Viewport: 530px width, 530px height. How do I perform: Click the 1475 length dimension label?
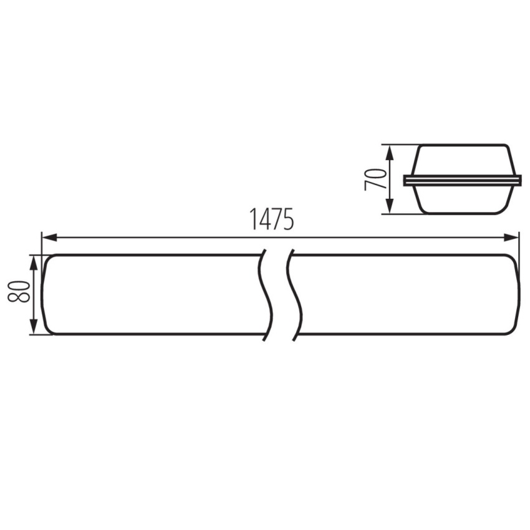[271, 219]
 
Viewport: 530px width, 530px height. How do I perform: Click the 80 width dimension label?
[19, 291]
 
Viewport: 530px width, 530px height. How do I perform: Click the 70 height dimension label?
[375, 180]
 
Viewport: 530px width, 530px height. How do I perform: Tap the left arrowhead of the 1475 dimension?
[49, 238]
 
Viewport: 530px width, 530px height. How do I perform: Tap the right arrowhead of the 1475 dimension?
[511, 238]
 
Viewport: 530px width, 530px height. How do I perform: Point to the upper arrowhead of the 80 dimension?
[34, 263]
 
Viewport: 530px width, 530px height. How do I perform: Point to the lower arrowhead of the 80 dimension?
[34, 327]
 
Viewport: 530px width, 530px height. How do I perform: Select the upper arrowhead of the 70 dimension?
[390, 153]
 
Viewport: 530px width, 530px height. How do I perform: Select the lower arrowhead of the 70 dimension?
[390, 206]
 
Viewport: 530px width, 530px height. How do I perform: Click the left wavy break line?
[267, 295]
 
